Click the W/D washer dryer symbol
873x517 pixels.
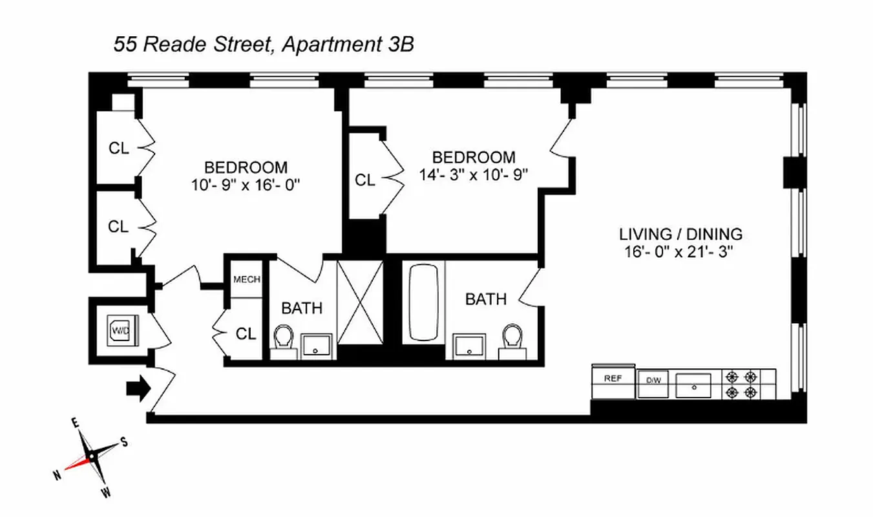[x=121, y=330]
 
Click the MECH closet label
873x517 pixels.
[x=247, y=280]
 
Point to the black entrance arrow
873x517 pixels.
[x=137, y=388]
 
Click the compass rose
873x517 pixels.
[x=92, y=457]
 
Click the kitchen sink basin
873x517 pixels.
[x=693, y=386]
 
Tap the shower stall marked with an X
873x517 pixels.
[x=361, y=302]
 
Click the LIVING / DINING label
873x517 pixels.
[x=681, y=234]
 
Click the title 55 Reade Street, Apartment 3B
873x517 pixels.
[x=264, y=45]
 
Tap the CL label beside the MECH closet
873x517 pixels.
[x=246, y=333]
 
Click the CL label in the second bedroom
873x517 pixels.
[x=365, y=180]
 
